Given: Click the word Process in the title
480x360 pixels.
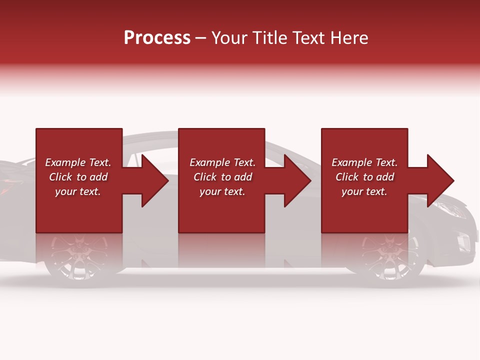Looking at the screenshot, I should tap(157, 38).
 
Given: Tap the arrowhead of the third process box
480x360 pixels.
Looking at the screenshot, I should tap(439, 180).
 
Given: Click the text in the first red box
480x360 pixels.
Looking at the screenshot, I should tap(78, 177).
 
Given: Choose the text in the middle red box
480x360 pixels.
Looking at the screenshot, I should tap(222, 177).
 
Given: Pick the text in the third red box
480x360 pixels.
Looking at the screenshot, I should tap(364, 177).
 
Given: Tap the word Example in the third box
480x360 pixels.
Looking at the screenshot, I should tap(352, 162).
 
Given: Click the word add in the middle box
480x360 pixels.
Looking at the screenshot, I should tap(243, 177).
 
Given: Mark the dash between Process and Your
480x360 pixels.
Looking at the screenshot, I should tap(201, 38).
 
